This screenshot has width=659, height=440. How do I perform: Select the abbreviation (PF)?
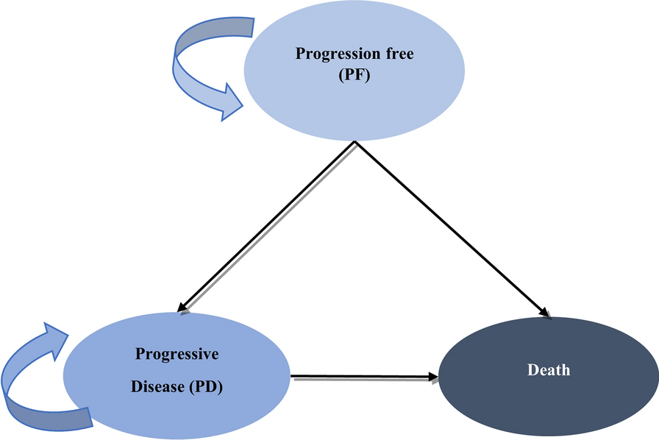(x=355, y=75)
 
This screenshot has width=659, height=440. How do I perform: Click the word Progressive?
(x=177, y=354)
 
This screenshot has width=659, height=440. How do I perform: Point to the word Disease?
(x=157, y=386)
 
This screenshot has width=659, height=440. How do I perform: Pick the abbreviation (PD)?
(x=205, y=386)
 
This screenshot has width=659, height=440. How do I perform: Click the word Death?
(x=549, y=370)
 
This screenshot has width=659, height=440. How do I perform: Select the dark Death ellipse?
(x=549, y=377)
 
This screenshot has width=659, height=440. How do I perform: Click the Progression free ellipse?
(x=355, y=71)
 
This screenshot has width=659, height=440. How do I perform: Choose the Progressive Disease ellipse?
(x=177, y=376)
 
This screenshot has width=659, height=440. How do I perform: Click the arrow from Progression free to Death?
(x=452, y=230)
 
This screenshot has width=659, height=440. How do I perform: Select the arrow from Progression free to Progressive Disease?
(x=266, y=227)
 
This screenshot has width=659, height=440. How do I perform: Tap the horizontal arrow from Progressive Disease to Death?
(x=364, y=377)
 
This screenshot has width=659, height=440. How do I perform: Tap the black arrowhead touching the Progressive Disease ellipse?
(x=182, y=308)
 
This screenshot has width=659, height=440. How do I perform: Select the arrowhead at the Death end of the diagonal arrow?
(x=545, y=313)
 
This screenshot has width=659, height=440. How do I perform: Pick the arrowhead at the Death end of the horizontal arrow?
(x=433, y=377)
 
